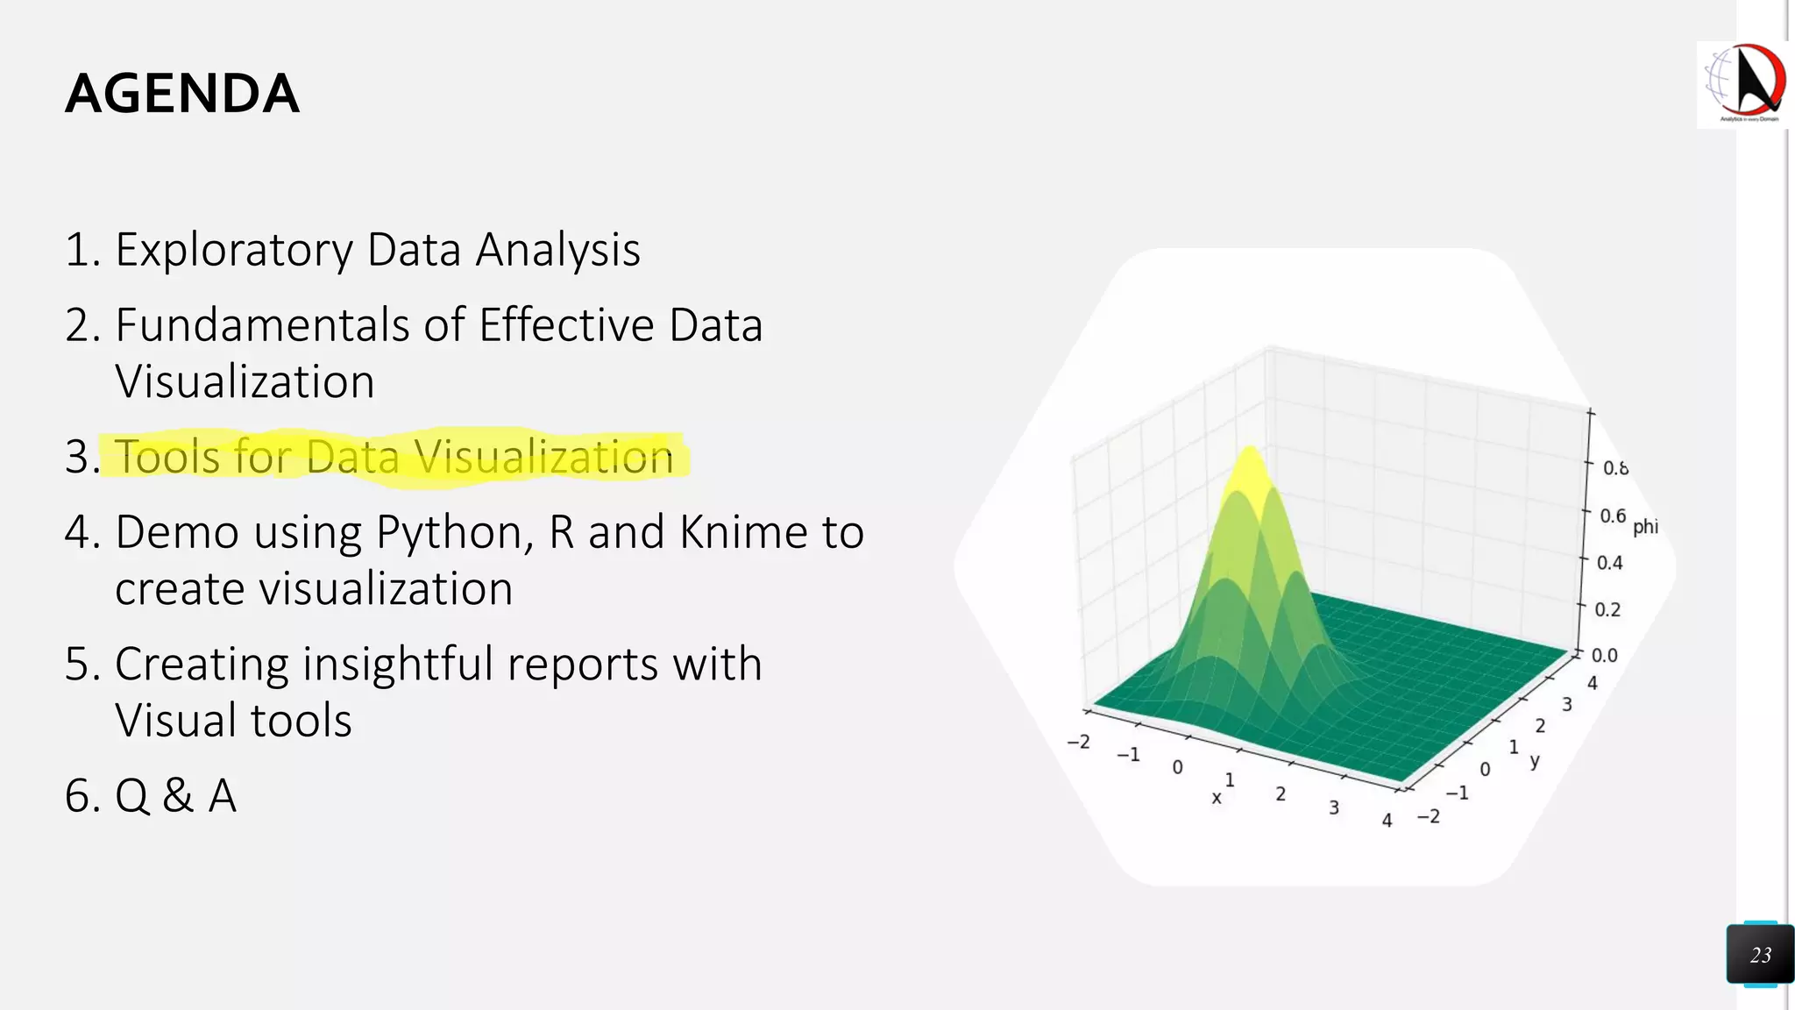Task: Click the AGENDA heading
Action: (182, 94)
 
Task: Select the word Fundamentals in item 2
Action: (262, 325)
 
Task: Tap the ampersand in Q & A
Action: (178, 796)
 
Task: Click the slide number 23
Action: (1760, 955)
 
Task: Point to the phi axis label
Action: (1645, 526)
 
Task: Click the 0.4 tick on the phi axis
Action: (1609, 563)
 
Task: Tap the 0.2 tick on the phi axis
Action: (1607, 609)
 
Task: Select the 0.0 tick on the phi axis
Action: (1605, 655)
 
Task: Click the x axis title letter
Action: (1217, 798)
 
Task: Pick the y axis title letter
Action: (1535, 760)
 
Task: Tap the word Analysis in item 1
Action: (557, 250)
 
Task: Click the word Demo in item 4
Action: (176, 532)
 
